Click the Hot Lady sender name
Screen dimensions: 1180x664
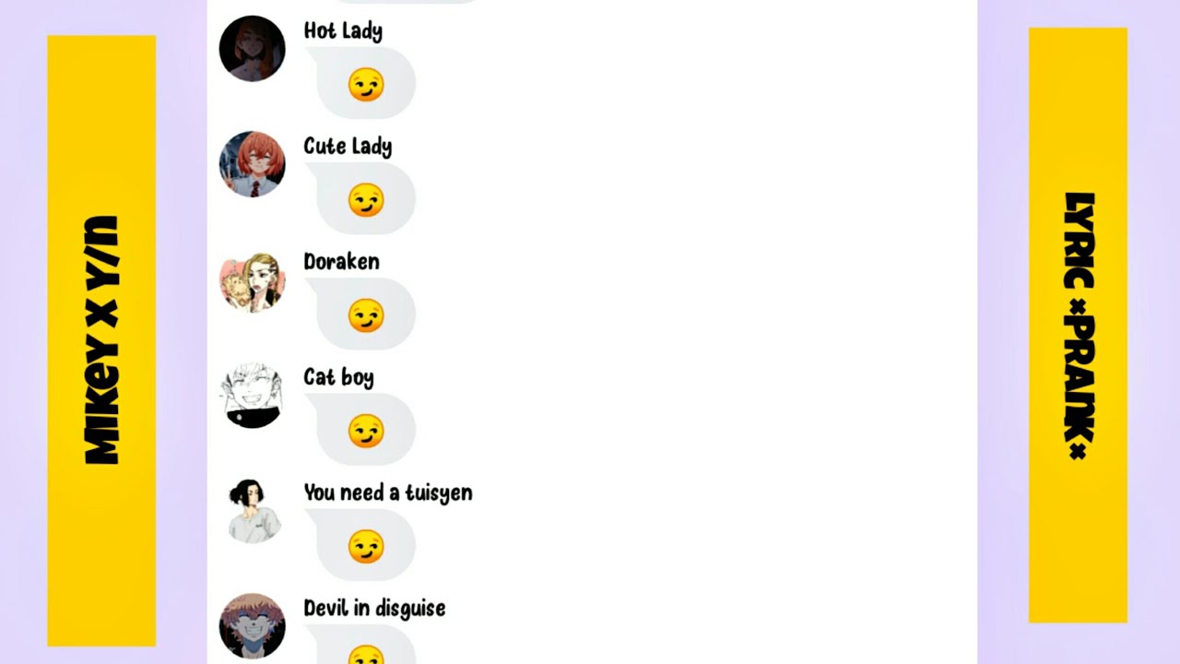(x=343, y=31)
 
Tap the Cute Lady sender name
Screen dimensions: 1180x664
(x=348, y=147)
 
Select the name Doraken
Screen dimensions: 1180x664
(x=341, y=261)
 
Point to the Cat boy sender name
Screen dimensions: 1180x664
(x=338, y=377)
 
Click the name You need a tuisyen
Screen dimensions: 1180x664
(x=388, y=492)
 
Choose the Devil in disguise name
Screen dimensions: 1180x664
(x=374, y=608)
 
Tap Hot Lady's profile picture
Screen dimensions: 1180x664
(x=253, y=49)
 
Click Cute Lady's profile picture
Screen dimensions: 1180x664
(x=253, y=164)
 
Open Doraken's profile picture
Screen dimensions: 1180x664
(x=253, y=279)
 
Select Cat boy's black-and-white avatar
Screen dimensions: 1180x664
(x=253, y=396)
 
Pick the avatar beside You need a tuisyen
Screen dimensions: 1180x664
(x=253, y=511)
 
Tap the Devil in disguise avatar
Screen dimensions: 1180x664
(x=253, y=626)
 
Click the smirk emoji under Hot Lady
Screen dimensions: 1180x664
(x=366, y=84)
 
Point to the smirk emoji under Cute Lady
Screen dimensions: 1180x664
(x=366, y=200)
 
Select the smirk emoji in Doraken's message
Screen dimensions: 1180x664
(x=366, y=315)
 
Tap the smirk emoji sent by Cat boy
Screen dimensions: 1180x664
(x=366, y=431)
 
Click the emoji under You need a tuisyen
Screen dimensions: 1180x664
(x=366, y=547)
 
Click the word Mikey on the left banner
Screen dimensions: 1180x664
(x=101, y=405)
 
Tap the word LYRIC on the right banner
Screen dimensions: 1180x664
(x=1079, y=241)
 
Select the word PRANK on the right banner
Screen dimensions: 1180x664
(x=1079, y=379)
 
